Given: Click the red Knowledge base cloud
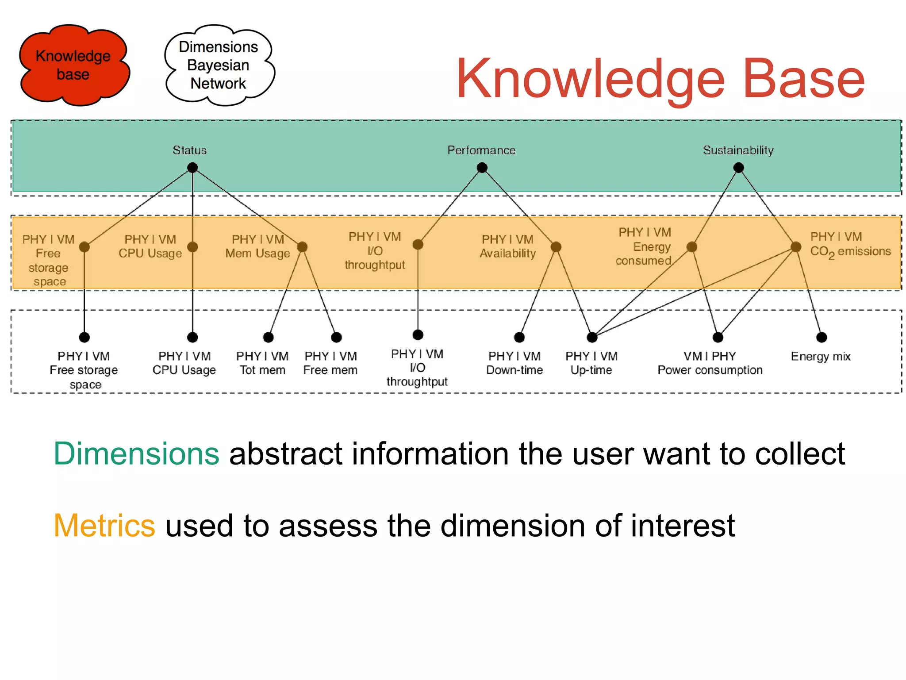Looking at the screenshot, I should (x=74, y=65).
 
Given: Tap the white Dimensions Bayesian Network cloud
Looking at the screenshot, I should (x=219, y=65).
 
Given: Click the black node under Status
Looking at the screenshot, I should (x=192, y=168).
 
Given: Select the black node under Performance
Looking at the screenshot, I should (x=482, y=168).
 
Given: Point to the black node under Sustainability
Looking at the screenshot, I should (x=738, y=168).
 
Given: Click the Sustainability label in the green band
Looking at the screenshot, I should (x=738, y=150).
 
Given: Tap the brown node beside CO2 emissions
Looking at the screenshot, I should (x=795, y=247).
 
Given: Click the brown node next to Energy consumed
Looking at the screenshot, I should (x=692, y=247).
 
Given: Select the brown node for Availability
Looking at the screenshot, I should (x=556, y=247).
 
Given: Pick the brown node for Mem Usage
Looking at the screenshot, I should (x=302, y=247).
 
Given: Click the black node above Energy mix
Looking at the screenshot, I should (x=822, y=338).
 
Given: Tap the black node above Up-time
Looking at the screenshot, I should (x=592, y=338).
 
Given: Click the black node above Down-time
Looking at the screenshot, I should (x=519, y=338).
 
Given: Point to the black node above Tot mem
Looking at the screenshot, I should (x=268, y=338).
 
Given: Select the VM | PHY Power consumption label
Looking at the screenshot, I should (x=710, y=363).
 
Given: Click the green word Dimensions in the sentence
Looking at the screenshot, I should (x=136, y=454).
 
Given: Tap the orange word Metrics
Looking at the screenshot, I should (x=104, y=526).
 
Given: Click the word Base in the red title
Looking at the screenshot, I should (x=803, y=79).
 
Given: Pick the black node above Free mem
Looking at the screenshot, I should (x=336, y=338).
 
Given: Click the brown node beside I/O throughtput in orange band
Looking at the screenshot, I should (x=418, y=245).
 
